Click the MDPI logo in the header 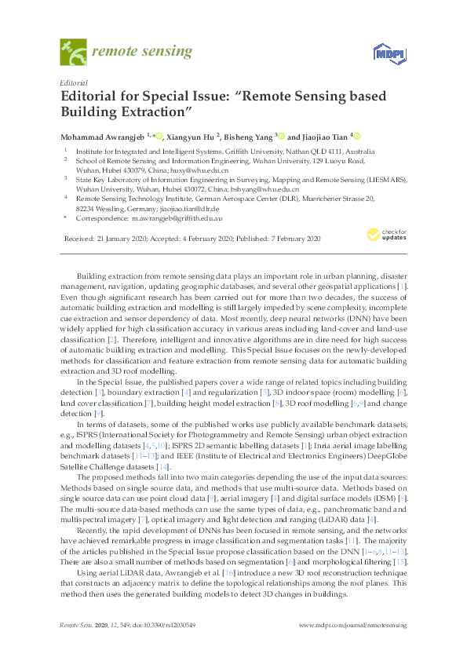[x=386, y=53]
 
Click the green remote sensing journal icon [x=74, y=53]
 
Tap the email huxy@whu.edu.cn [x=202, y=170]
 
